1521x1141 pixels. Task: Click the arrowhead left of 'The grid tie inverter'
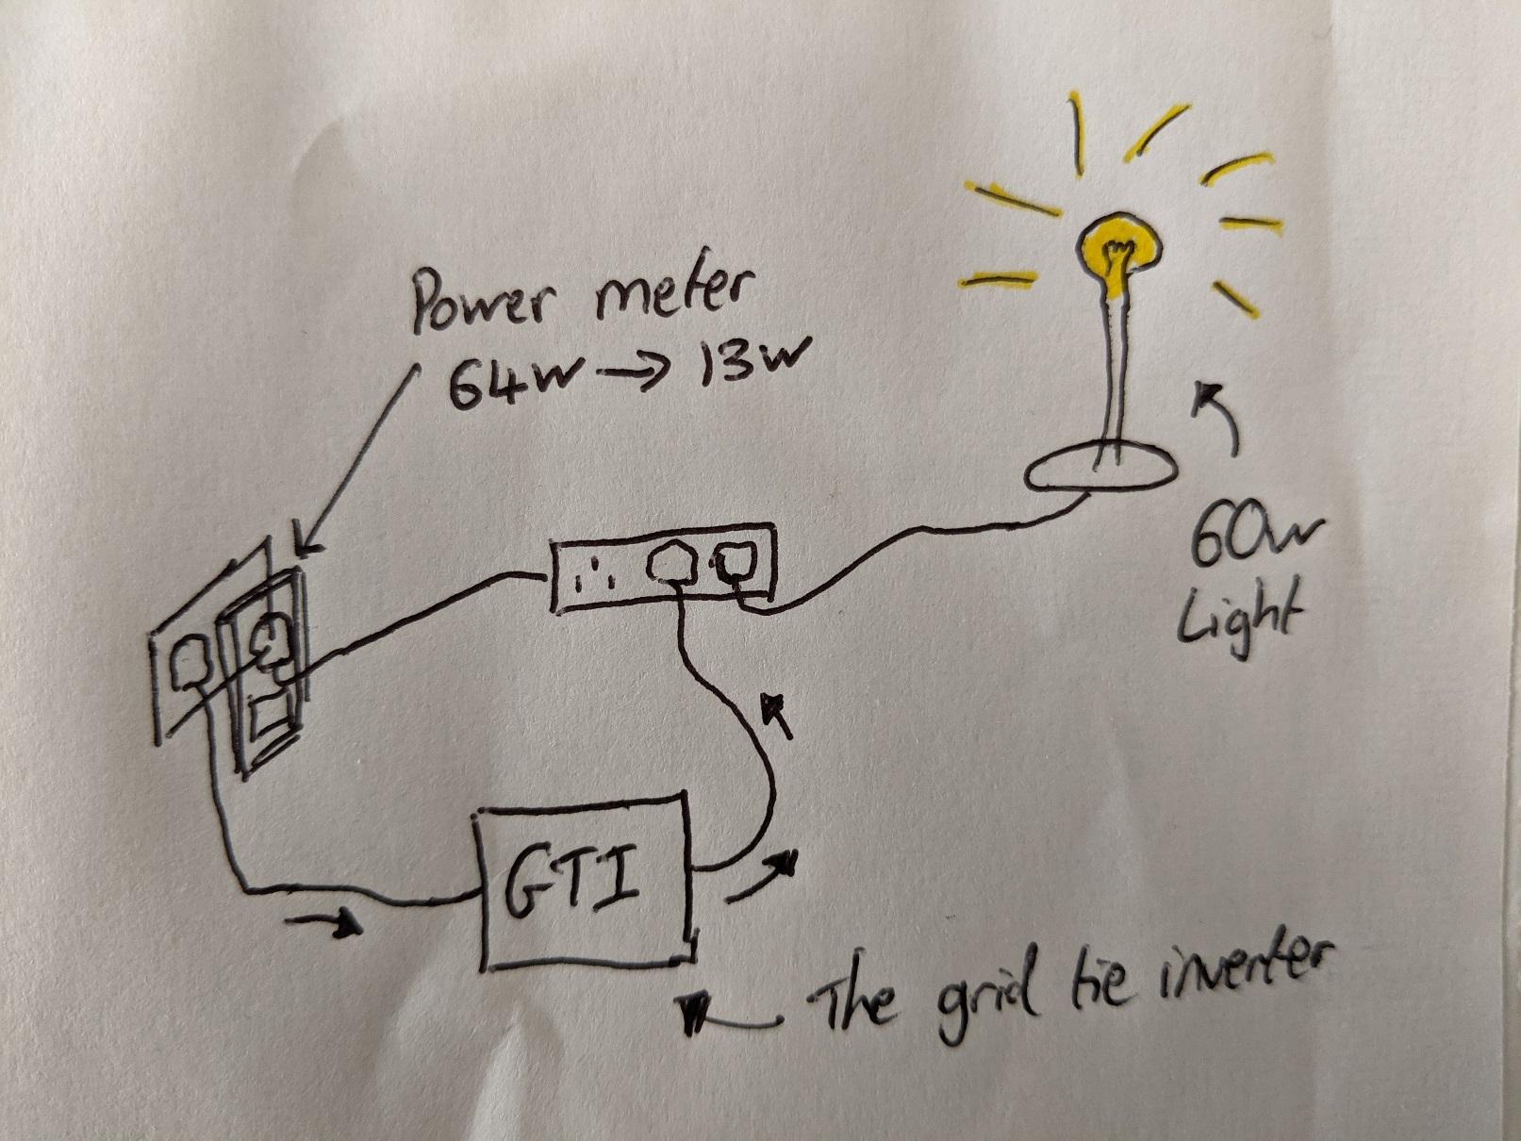pos(694,1014)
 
